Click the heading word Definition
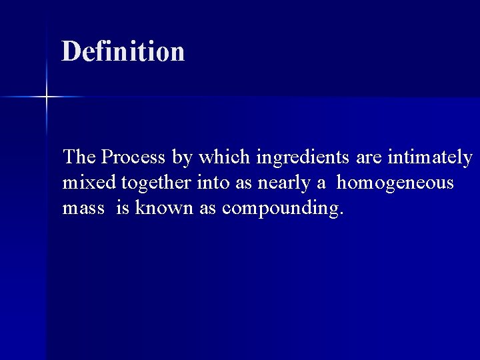coord(123,51)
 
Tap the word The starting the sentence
coord(79,157)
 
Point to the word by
coord(181,158)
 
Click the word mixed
coord(88,183)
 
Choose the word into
coord(211,183)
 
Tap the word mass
coord(83,209)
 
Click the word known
coord(164,208)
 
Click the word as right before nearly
coord(244,183)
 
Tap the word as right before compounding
coord(207,209)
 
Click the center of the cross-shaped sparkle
coord(46,97)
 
